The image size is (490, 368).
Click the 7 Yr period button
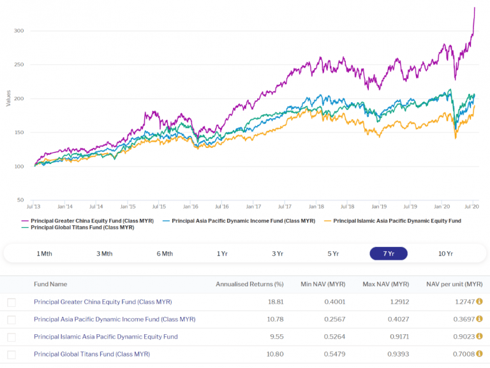coord(388,253)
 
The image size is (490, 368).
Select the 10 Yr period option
coord(445,253)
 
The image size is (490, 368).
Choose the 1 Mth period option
coord(44,253)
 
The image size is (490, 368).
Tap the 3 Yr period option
coord(278,253)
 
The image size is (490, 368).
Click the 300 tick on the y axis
coord(19,31)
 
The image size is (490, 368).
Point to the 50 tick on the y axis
coord(20,200)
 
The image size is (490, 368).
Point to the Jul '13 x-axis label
coord(33,207)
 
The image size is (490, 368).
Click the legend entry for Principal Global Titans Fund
coord(82,227)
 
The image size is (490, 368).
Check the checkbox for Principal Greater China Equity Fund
coord(11,302)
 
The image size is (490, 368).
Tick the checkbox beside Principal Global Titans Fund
coord(11,354)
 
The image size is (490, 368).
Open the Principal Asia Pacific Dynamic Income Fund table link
coord(114,319)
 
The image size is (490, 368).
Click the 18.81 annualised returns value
coord(274,302)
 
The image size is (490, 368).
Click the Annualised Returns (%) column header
coord(249,284)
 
